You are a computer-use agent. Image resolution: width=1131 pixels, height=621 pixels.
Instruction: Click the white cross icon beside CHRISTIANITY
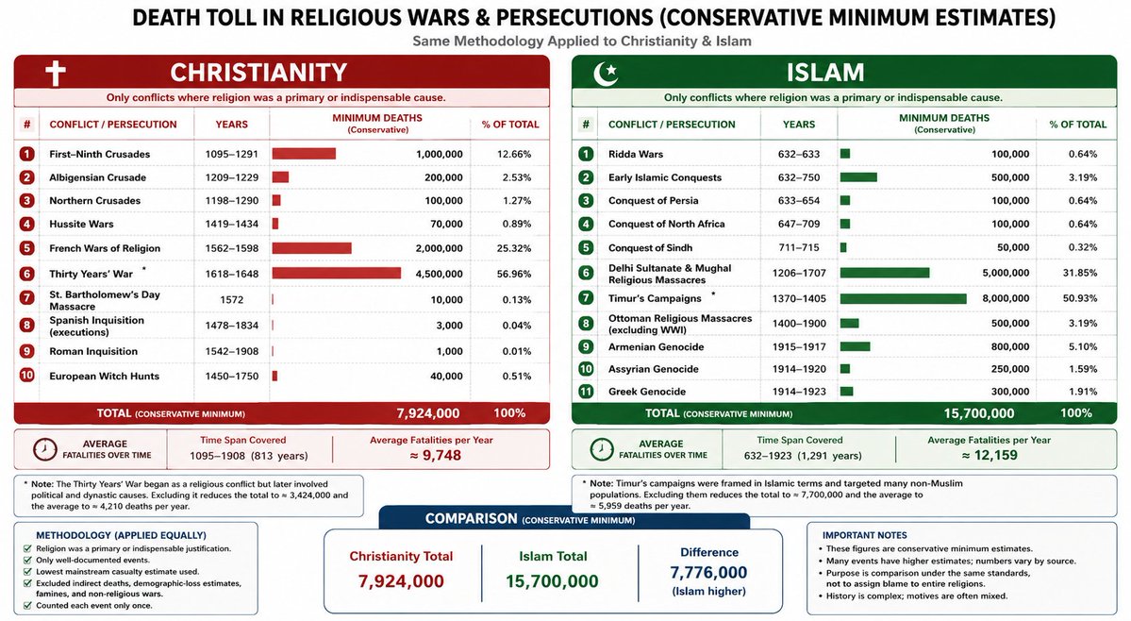[56, 73]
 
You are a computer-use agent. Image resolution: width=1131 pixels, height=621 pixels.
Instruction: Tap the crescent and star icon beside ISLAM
[606, 73]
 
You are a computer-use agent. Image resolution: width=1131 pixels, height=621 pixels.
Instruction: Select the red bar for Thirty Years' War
[336, 274]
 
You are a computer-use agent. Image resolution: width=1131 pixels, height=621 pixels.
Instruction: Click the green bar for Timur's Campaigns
[903, 298]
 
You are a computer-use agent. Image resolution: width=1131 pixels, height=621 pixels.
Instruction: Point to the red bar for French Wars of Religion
[311, 248]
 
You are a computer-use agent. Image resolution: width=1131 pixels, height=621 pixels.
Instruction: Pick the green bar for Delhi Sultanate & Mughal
[884, 273]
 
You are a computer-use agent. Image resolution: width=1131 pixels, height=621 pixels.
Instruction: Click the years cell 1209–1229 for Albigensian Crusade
[231, 177]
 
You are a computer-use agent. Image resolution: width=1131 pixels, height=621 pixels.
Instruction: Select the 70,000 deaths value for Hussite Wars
[446, 225]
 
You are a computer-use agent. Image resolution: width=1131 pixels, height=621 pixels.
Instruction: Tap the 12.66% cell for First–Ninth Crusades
[514, 155]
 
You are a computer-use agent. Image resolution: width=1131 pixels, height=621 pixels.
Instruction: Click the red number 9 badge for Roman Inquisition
[26, 351]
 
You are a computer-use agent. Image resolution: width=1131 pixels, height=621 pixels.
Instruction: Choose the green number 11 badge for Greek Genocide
[586, 392]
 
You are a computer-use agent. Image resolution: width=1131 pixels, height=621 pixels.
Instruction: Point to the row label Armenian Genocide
[656, 347]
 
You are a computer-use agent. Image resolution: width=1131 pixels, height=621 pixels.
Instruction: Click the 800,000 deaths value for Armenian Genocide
[1010, 347]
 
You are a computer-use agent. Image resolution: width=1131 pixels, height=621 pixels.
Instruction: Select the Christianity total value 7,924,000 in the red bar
[427, 413]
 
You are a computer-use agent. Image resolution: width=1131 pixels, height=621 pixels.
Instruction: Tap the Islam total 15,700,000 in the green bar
[979, 413]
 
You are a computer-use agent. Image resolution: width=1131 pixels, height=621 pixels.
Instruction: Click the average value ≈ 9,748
[435, 455]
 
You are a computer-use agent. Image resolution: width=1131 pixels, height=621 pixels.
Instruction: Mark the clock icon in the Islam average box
[602, 449]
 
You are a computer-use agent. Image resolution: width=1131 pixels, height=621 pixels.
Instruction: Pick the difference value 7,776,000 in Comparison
[708, 573]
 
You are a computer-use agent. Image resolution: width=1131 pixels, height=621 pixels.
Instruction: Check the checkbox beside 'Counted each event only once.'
[27, 606]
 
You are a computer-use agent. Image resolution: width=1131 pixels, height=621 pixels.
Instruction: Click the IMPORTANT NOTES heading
[864, 535]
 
